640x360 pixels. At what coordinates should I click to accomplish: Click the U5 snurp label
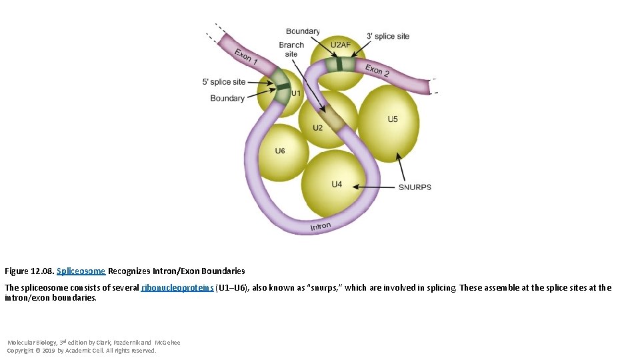click(x=393, y=119)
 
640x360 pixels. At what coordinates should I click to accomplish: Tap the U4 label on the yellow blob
click(x=337, y=184)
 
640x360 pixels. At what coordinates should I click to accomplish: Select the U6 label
click(x=280, y=151)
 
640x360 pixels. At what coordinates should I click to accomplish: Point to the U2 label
click(x=318, y=127)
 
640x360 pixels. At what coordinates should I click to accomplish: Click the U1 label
click(x=295, y=93)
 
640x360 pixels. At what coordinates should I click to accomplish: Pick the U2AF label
click(x=340, y=45)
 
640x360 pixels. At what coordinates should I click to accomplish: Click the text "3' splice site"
click(x=388, y=36)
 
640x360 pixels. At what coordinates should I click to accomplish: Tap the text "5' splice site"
click(x=224, y=82)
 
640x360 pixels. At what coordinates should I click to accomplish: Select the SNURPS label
click(x=415, y=187)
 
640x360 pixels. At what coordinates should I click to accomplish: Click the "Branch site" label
click(x=291, y=49)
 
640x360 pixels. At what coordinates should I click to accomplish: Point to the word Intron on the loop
click(x=321, y=227)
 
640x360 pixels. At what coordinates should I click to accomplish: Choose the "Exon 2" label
click(x=377, y=69)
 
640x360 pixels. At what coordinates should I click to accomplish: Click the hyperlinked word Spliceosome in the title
click(x=81, y=271)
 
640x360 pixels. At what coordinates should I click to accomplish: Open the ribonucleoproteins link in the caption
click(x=177, y=288)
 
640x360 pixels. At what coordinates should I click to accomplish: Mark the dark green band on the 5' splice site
click(x=283, y=87)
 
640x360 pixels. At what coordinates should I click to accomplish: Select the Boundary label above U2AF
click(x=303, y=31)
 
